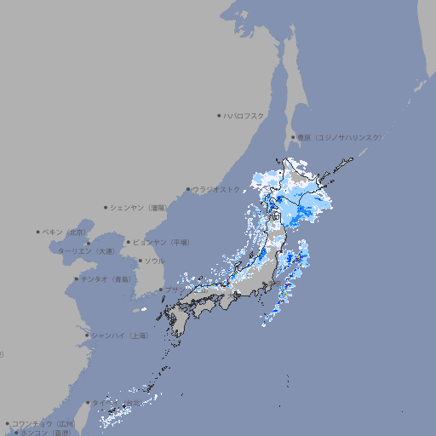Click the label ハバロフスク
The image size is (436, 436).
tap(244, 115)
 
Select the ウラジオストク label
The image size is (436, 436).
tap(218, 189)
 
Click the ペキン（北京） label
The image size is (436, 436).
tap(65, 232)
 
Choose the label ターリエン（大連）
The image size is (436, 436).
tap(86, 251)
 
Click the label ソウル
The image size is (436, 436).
tap(154, 261)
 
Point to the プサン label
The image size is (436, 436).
tap(170, 290)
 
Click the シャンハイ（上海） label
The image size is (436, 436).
tap(118, 336)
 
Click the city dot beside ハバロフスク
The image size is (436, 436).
tap(219, 115)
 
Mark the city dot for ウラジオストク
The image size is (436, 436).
tap(188, 190)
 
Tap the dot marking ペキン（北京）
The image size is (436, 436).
tap(38, 232)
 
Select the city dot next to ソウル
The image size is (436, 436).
tap(140, 261)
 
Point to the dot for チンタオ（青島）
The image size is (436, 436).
tap(76, 278)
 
